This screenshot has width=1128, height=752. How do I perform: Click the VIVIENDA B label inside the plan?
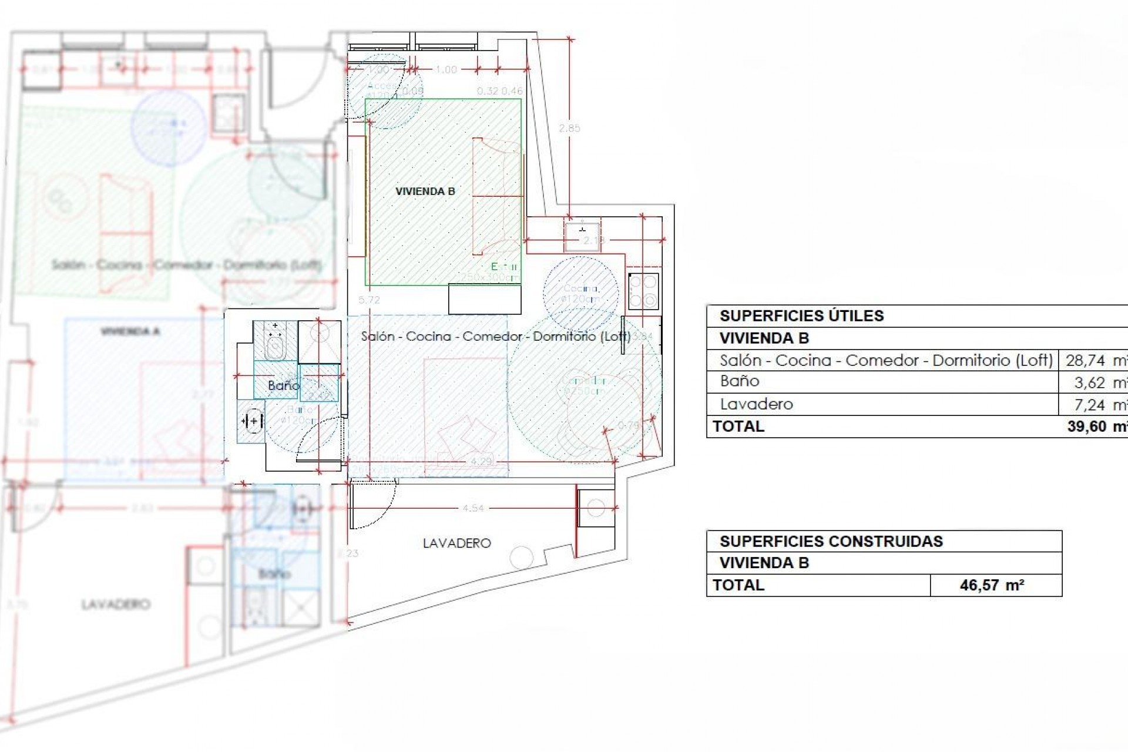tap(425, 192)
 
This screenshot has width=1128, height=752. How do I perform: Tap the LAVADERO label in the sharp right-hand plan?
tap(456, 543)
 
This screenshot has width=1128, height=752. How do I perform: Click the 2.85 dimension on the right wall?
tap(569, 128)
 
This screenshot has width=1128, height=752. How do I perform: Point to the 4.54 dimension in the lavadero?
tap(473, 508)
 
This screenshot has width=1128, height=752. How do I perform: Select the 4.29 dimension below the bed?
tap(481, 462)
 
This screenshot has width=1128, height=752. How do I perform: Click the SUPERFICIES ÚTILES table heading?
tap(801, 316)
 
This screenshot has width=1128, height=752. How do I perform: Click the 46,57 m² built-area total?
tap(992, 585)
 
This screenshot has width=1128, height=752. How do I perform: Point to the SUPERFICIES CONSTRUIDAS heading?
tap(831, 541)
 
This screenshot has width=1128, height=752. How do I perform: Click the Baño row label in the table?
tap(740, 381)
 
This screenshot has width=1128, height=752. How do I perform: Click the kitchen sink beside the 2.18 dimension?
tap(582, 233)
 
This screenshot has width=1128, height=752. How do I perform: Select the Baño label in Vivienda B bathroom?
tap(283, 385)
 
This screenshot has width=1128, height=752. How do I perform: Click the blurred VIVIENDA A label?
tap(130, 332)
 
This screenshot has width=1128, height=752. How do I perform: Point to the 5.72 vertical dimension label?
tap(369, 300)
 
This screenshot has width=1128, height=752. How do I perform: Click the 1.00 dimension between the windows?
tap(446, 69)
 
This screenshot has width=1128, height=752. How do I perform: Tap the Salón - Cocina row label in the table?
tap(886, 360)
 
